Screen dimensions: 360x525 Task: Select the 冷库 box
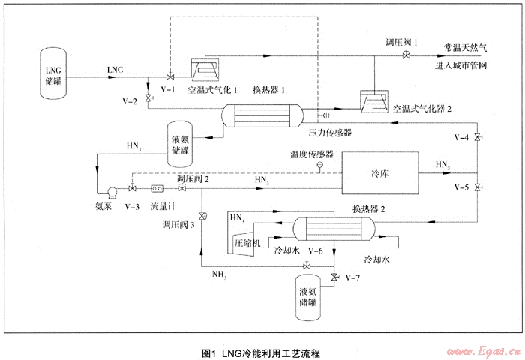381,174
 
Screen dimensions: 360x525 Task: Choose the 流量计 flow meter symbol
158,189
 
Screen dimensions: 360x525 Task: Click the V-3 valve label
133,205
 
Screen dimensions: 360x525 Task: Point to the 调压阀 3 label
179,223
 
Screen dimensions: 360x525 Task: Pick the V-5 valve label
462,186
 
